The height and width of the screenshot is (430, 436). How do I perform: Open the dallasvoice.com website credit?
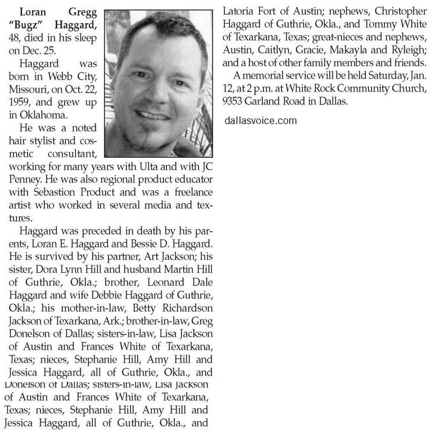pyautogui.click(x=260, y=120)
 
